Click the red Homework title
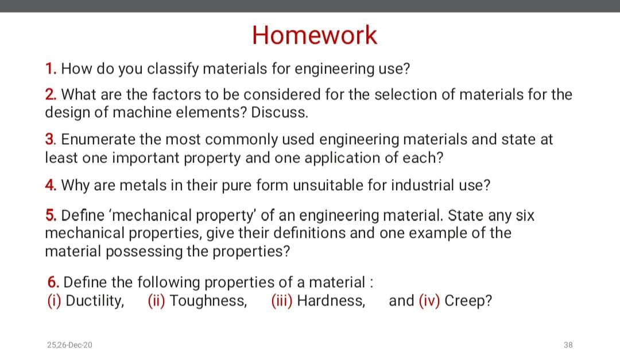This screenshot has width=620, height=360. pyautogui.click(x=315, y=35)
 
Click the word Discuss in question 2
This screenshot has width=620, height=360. pyautogui.click(x=280, y=113)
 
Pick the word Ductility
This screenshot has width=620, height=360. pyautogui.click(x=95, y=301)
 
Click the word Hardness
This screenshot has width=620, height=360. pyautogui.click(x=331, y=301)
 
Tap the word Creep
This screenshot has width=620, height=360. pyautogui.click(x=468, y=301)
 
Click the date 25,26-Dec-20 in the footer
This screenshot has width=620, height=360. pyautogui.click(x=69, y=345)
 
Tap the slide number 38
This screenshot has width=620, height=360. pyautogui.click(x=568, y=345)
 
